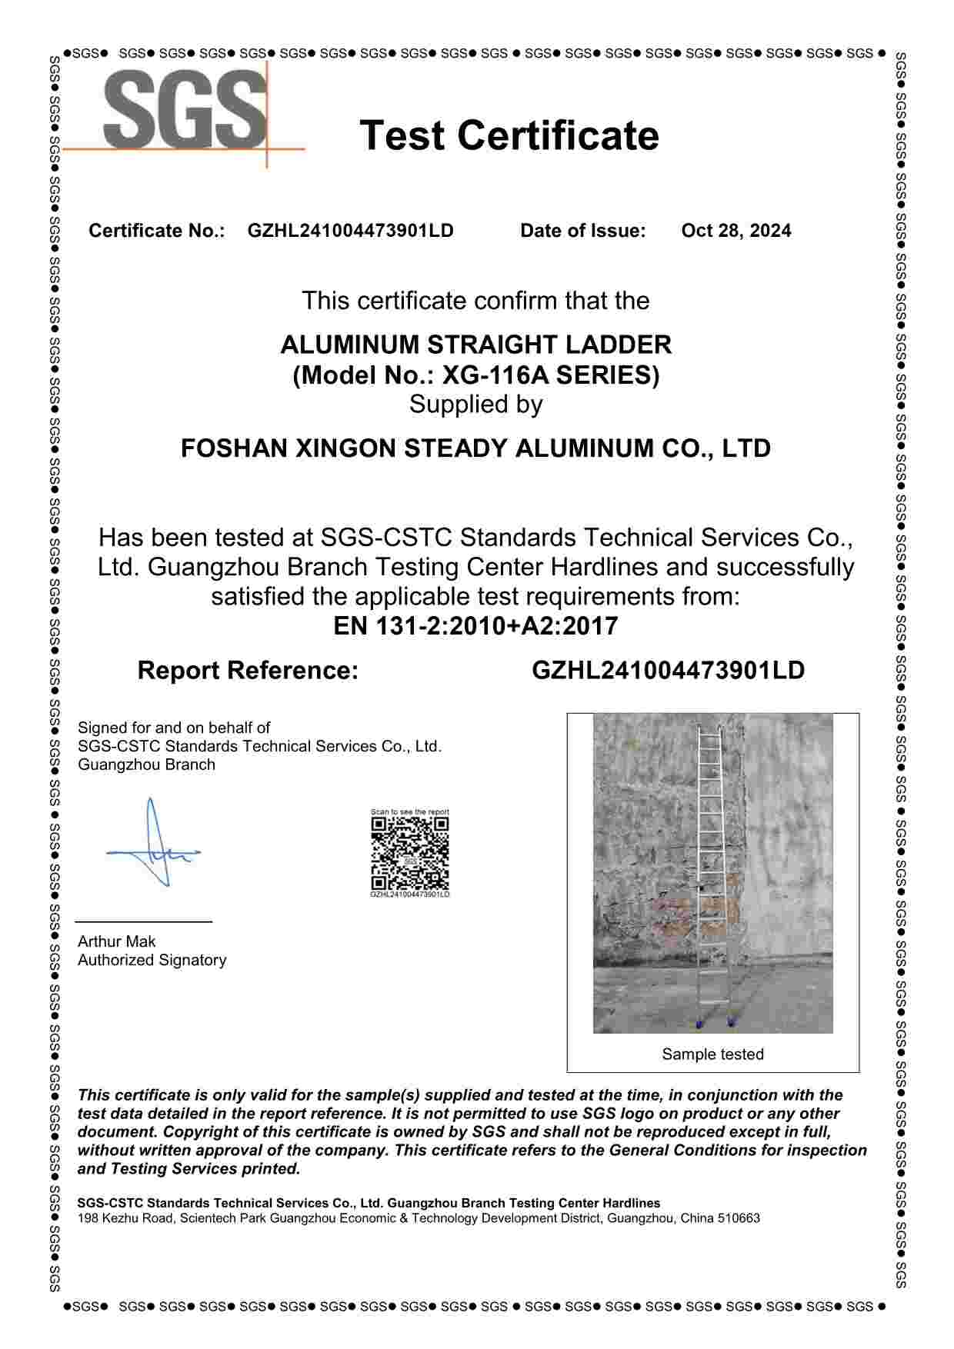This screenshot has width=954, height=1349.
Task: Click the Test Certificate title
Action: click(509, 135)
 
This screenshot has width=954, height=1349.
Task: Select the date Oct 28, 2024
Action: click(736, 231)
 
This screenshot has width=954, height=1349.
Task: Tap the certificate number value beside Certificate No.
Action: click(350, 231)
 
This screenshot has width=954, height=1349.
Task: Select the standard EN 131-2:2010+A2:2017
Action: click(475, 626)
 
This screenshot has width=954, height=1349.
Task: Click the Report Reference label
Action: click(248, 671)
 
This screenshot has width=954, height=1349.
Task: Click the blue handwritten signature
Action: click(154, 846)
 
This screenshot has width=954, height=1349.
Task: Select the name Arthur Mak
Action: click(117, 941)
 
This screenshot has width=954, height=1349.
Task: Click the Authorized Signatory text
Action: click(152, 960)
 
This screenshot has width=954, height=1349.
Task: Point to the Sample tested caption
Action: click(712, 1054)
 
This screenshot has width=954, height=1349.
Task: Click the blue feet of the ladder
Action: click(714, 1023)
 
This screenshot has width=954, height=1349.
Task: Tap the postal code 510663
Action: click(739, 1218)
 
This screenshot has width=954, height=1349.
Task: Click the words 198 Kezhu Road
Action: click(125, 1218)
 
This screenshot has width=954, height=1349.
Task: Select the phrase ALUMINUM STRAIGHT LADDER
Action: click(475, 345)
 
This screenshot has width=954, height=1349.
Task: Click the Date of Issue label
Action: click(582, 231)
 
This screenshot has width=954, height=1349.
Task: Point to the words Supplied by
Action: click(475, 405)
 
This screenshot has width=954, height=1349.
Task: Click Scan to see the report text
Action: click(409, 812)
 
